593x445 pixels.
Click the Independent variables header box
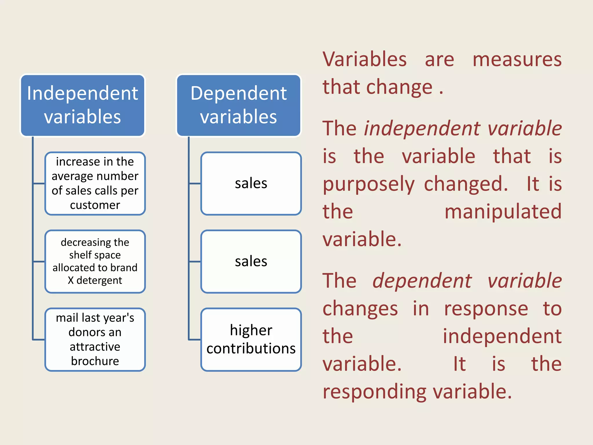click(83, 105)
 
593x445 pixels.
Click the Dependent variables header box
click(239, 105)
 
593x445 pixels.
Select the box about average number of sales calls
click(95, 183)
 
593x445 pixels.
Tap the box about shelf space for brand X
click(95, 261)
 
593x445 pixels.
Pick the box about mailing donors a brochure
click(95, 339)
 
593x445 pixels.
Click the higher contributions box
click(251, 339)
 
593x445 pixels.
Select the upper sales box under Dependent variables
click(251, 183)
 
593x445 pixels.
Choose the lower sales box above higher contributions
click(251, 261)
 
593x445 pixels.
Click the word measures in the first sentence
click(517, 59)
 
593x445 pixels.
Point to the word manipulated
click(503, 211)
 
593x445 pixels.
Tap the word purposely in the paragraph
click(369, 185)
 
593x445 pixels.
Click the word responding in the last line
click(374, 392)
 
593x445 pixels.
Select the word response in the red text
click(486, 309)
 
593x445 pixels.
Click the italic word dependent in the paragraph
click(422, 281)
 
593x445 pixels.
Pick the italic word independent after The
click(421, 129)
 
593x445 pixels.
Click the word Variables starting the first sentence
click(365, 59)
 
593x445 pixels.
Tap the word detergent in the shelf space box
click(99, 280)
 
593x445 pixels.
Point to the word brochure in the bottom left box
click(95, 361)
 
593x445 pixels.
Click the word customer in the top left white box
click(95, 205)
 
